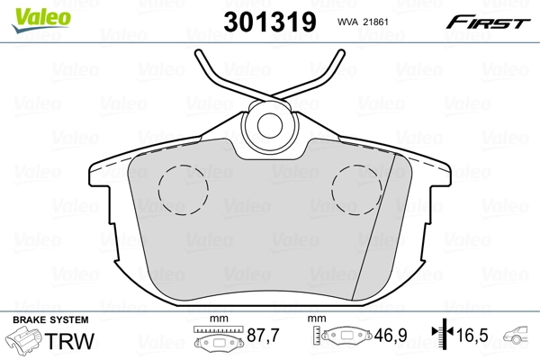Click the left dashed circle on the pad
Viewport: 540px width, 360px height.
coord(183,191)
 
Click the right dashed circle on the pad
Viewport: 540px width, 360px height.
coord(357,191)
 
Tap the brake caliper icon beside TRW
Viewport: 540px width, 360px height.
coord(24,342)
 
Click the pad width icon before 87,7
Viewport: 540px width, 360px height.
coord(216,340)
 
